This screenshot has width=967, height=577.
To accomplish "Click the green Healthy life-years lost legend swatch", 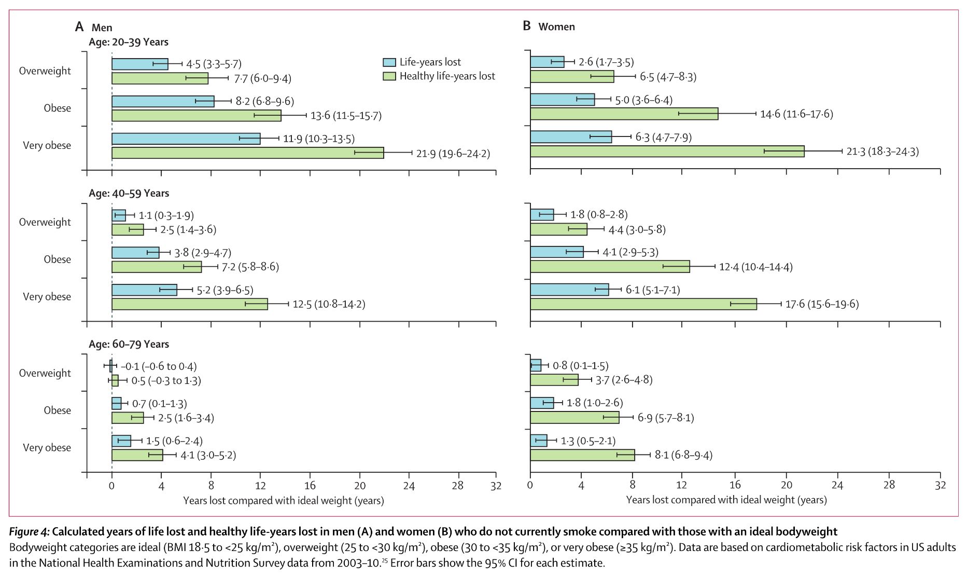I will [x=389, y=76].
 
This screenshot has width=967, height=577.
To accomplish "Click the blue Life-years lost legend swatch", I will [x=389, y=62].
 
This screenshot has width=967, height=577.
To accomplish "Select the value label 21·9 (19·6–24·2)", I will [x=453, y=154].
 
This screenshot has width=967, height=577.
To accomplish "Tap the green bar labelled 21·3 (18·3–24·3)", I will [x=667, y=151].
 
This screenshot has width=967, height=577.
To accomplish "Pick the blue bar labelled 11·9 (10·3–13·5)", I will [x=186, y=139].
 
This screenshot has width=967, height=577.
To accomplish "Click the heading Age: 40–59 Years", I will [x=129, y=193].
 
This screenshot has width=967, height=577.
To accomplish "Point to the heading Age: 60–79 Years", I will [x=129, y=344].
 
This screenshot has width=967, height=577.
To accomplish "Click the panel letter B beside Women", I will [x=526, y=26].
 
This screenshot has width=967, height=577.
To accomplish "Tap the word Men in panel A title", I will [x=102, y=28].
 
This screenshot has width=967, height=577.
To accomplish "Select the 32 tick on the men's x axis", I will [x=496, y=486].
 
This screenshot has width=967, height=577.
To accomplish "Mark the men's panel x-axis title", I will [x=283, y=501].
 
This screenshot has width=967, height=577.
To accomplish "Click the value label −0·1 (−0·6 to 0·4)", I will [x=159, y=367].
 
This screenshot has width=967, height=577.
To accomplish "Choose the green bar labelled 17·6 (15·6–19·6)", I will [x=643, y=304].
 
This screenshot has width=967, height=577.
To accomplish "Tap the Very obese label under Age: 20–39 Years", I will [x=47, y=145].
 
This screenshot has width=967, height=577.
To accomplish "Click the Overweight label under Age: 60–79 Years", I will [x=45, y=373].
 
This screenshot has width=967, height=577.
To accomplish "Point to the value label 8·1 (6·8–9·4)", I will [x=683, y=455].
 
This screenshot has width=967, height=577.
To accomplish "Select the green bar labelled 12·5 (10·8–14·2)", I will [x=189, y=304].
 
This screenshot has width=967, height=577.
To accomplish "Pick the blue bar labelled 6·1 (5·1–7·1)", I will [x=569, y=290].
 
